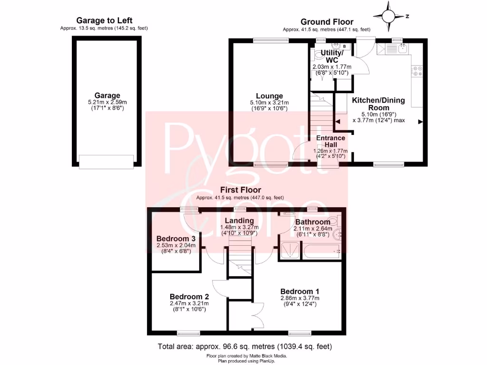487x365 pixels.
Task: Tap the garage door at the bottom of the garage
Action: [107, 162]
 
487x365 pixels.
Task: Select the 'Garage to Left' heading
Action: [104, 20]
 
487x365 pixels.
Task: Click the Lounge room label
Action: [269, 96]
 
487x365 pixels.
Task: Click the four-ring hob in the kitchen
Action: [418, 71]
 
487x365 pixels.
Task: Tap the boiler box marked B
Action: [344, 46]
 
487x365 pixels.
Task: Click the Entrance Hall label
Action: [331, 141]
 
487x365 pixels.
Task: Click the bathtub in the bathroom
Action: [322, 251]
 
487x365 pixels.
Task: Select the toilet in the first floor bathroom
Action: [336, 221]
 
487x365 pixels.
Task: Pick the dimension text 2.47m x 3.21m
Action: [189, 303]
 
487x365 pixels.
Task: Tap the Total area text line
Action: [244, 346]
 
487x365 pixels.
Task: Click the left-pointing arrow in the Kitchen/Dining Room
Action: [338, 122]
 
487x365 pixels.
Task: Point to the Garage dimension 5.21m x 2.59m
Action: [107, 102]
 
